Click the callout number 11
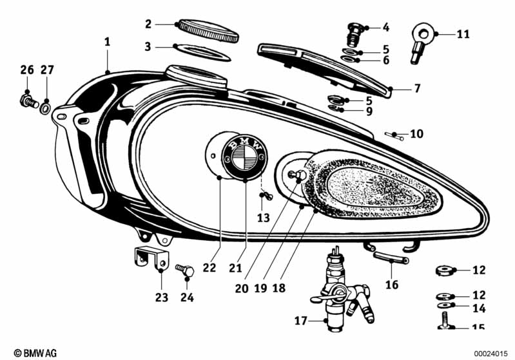tap(463, 33)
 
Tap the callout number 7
tap(417, 88)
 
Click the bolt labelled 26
tap(26, 100)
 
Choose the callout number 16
tap(392, 284)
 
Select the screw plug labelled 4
tap(354, 32)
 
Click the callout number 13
tap(263, 218)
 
